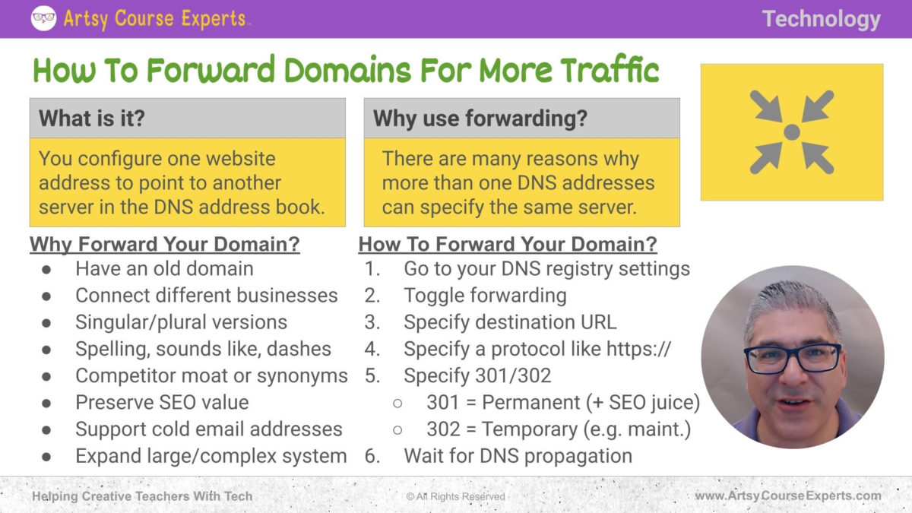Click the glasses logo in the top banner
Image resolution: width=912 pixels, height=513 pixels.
pyautogui.click(x=43, y=18)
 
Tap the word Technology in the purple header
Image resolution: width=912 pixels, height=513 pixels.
pyautogui.click(x=821, y=19)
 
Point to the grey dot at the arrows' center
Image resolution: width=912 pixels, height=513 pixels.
pyautogui.click(x=791, y=132)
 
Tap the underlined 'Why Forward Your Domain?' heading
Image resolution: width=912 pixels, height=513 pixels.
pyautogui.click(x=164, y=245)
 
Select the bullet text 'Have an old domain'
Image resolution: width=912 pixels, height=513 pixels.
pyautogui.click(x=164, y=268)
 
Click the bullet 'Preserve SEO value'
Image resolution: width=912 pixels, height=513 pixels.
pyautogui.click(x=162, y=402)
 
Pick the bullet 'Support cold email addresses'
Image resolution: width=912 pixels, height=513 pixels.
pyautogui.click(x=208, y=429)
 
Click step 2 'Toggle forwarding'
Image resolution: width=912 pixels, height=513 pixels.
pyautogui.click(x=485, y=295)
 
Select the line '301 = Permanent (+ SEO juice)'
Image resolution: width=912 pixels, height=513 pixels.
pyautogui.click(x=562, y=402)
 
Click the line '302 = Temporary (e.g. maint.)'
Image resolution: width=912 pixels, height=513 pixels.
pyautogui.click(x=558, y=429)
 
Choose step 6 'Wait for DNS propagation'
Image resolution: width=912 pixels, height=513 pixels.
pyautogui.click(x=518, y=455)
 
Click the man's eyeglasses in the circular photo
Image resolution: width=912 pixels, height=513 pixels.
pyautogui.click(x=793, y=358)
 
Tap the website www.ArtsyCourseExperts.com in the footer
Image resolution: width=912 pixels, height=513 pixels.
pyautogui.click(x=788, y=496)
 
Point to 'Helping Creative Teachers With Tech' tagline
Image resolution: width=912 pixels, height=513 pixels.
pyautogui.click(x=142, y=496)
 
